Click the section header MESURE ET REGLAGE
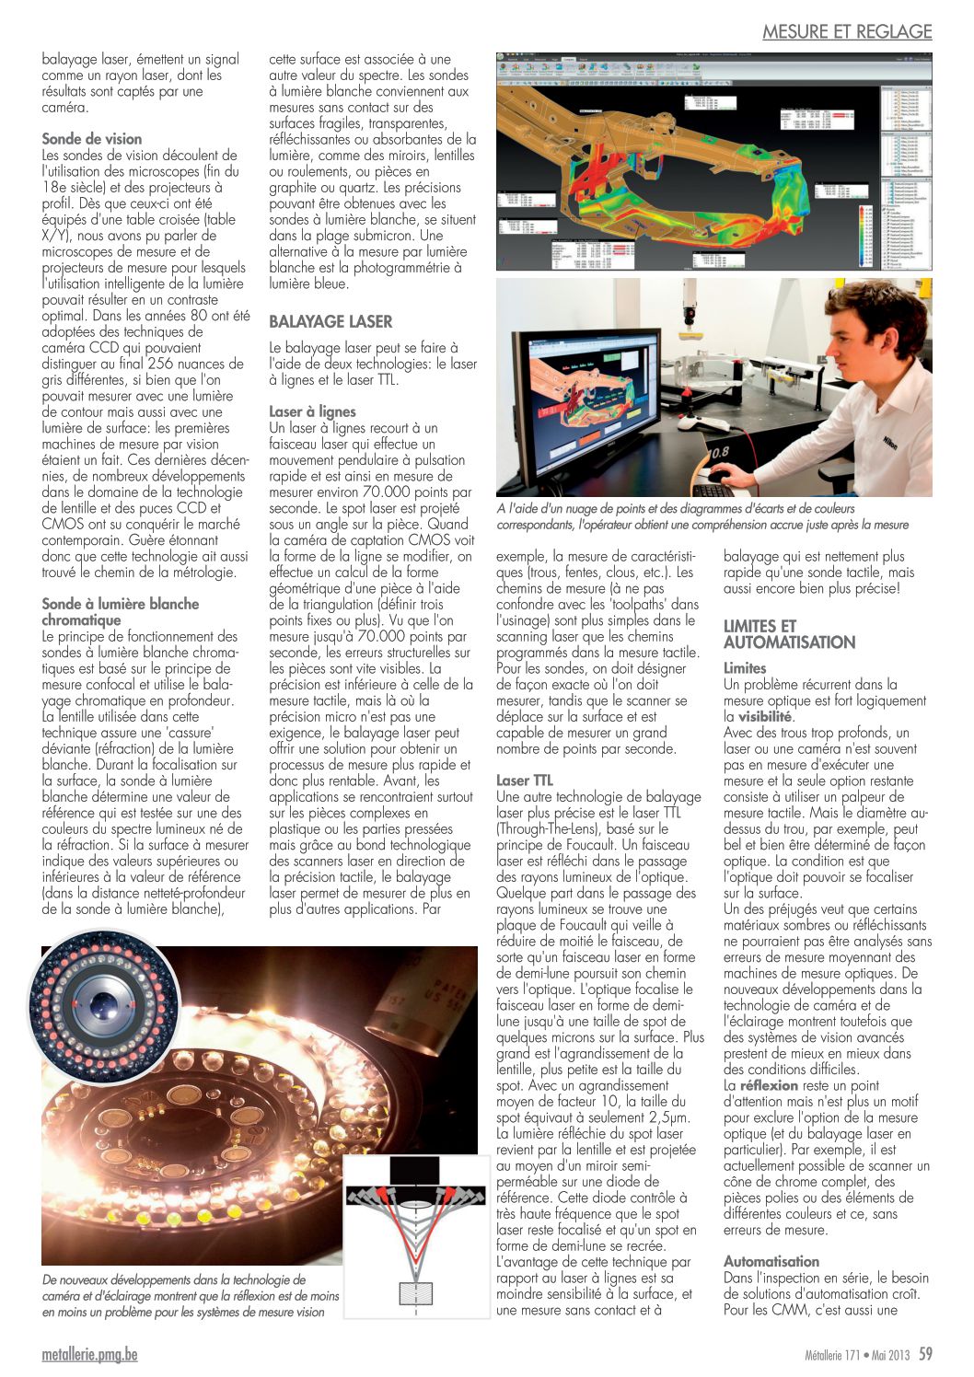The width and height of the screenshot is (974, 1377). pos(847,31)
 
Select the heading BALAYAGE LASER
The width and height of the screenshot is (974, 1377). pos(330,321)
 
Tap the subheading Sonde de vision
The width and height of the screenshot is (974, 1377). pos(92,139)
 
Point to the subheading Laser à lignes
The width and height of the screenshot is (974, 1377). pos(312,411)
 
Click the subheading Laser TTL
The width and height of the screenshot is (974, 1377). pos(524,781)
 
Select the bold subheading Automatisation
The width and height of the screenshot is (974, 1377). pos(771,1261)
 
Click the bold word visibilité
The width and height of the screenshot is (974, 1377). pos(764,716)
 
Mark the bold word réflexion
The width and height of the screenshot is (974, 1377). pos(769,1085)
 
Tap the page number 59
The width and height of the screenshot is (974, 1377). pos(925,1354)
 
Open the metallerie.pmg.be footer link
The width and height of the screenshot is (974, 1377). pos(89,1355)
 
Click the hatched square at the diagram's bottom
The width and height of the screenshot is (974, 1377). pos(416,1292)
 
